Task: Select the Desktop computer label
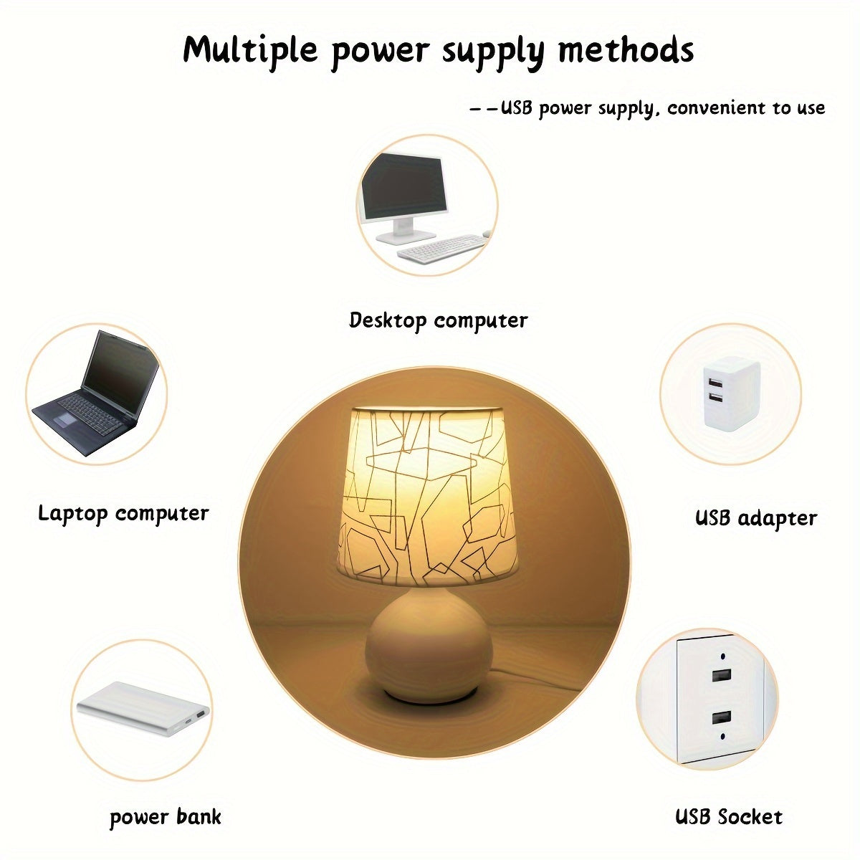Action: (438, 320)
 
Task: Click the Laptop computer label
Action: (123, 513)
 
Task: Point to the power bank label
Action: (166, 817)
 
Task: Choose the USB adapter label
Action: (756, 517)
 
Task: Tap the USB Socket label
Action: (728, 816)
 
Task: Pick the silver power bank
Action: (143, 710)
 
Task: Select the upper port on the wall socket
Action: (721, 674)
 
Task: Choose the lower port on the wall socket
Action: (721, 717)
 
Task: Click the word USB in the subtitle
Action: (516, 108)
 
